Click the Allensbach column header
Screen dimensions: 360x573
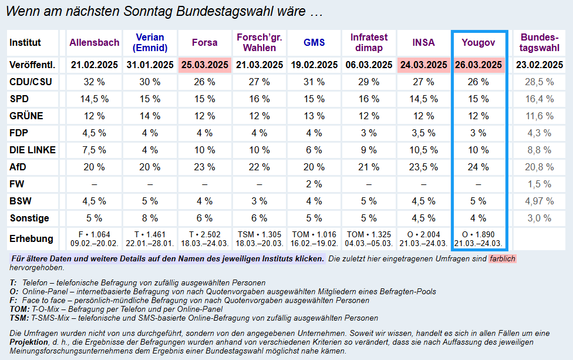[x=95, y=42]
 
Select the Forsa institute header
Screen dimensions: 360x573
[x=204, y=42]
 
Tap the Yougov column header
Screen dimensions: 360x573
[x=478, y=42]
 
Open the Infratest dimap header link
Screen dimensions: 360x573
[x=369, y=42]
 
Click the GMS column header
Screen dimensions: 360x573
[x=314, y=42]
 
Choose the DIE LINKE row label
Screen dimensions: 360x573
[x=33, y=150]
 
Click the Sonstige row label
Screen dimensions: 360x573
[x=29, y=218]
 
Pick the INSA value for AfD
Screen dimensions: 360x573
[x=424, y=167]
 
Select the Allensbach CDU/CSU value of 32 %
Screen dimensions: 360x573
[x=95, y=82]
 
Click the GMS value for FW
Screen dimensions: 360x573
[x=314, y=184]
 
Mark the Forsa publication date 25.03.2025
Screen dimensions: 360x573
[x=204, y=65]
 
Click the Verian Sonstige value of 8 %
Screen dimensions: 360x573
[x=150, y=218]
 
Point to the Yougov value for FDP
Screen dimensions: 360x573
[x=478, y=133]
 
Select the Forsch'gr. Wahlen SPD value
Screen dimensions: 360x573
[x=259, y=99]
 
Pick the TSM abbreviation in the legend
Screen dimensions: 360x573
[x=19, y=318]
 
